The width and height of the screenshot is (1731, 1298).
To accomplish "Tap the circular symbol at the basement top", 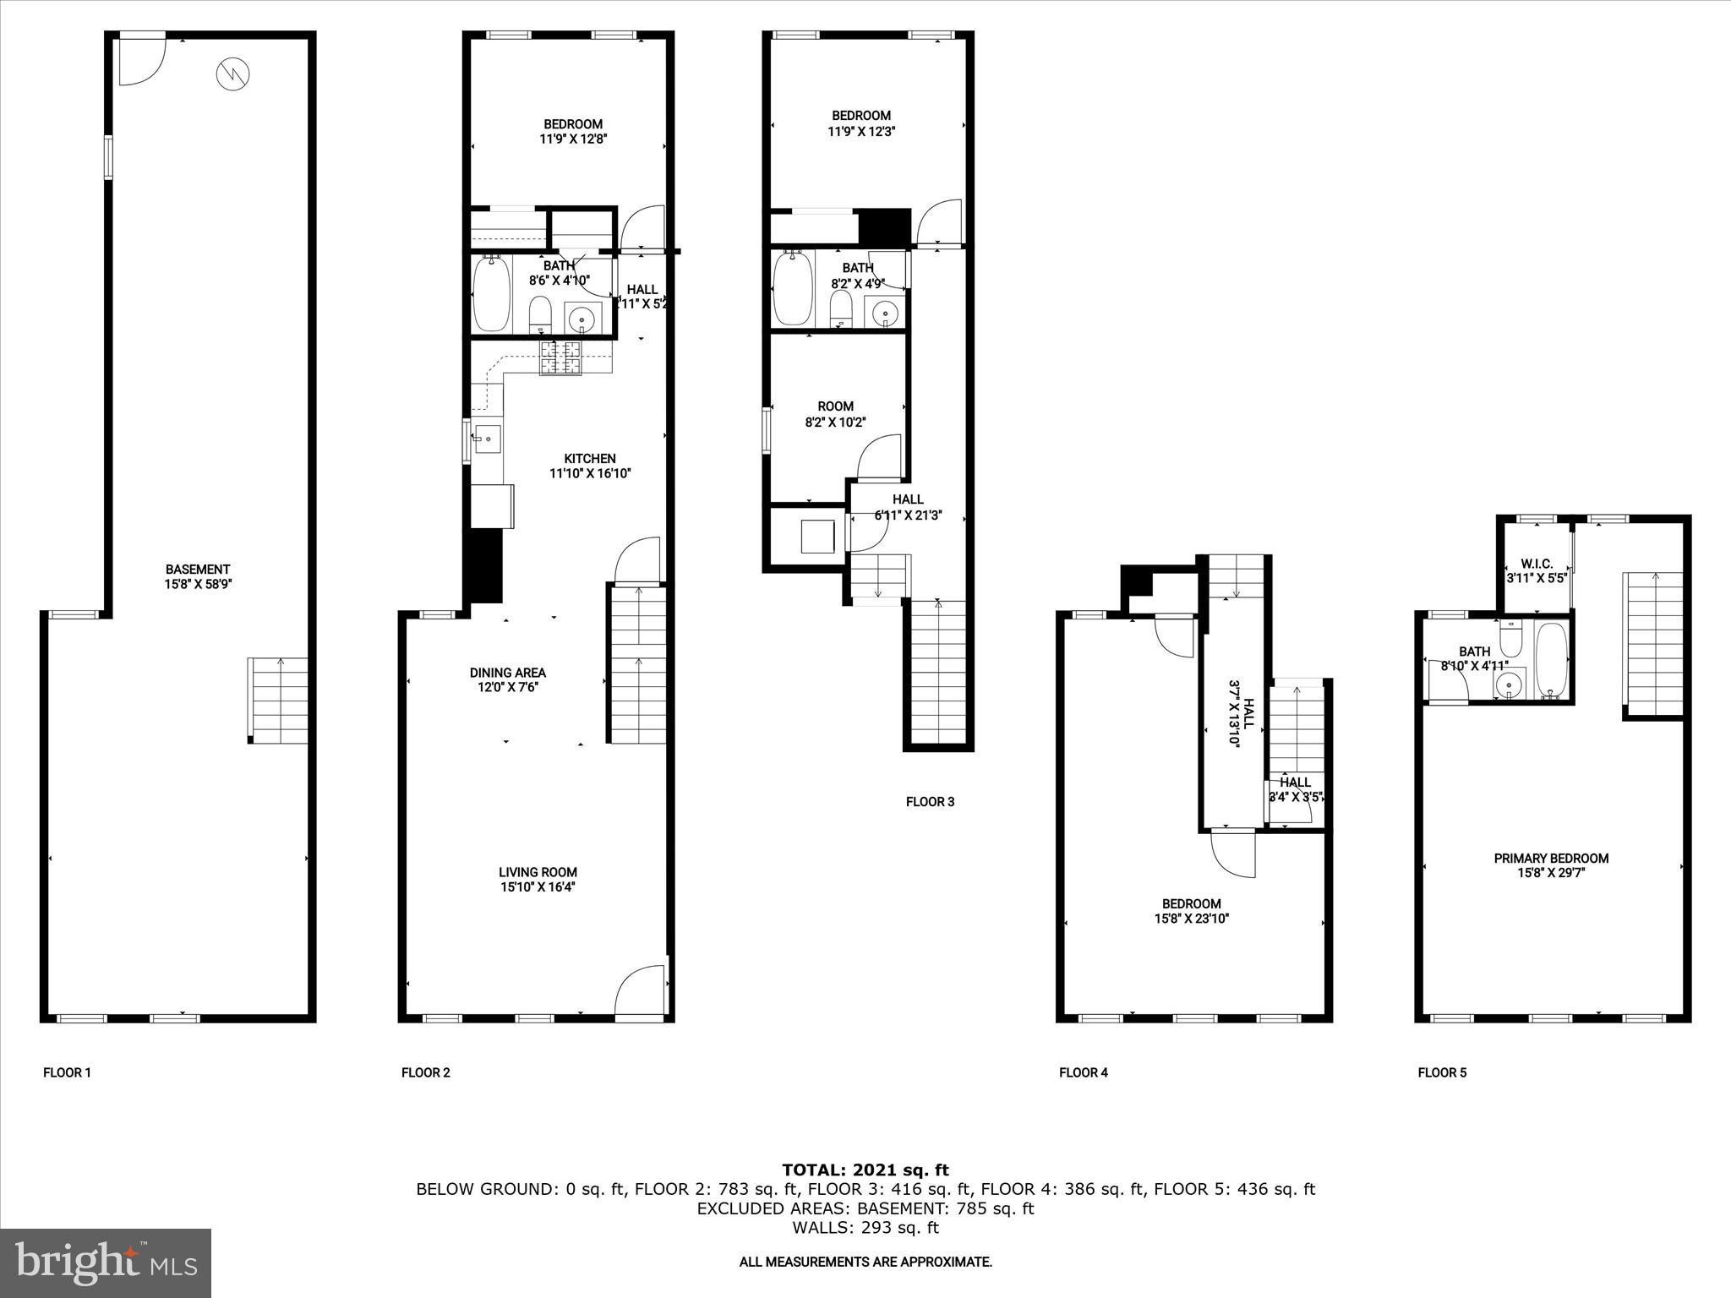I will pos(233,74).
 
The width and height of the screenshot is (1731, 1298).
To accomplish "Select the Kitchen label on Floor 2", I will pos(590,459).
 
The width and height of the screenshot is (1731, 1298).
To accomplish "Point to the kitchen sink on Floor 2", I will pos(488,439).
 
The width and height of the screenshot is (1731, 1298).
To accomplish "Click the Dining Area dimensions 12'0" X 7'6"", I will pos(507,688).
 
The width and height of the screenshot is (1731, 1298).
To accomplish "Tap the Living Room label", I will pos(538,872).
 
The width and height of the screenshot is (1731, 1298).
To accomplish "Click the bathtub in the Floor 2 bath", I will pos(491,293).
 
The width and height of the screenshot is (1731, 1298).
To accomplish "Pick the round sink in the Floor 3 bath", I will pos(885,313).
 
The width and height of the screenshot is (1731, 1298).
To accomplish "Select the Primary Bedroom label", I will pos(1551,859).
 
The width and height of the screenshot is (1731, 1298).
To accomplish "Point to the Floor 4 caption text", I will pos(1083,1072).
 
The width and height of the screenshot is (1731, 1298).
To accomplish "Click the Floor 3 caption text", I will pos(930,801).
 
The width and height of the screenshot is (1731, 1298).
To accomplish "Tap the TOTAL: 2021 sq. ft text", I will pos(865,1170).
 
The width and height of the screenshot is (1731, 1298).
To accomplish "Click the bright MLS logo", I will pos(106,1263).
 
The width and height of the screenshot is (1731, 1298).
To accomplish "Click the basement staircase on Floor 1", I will pos(278,701).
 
